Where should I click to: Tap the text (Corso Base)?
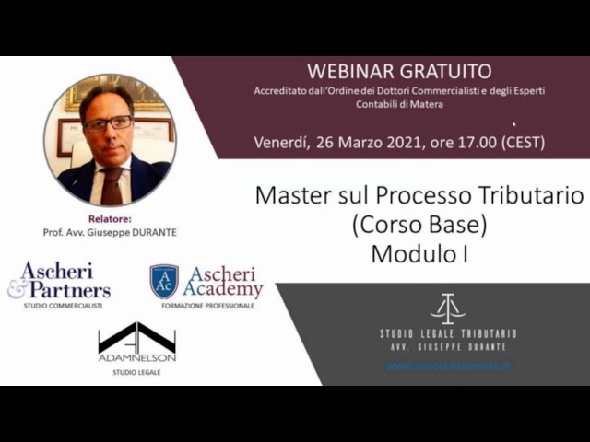pyautogui.click(x=419, y=225)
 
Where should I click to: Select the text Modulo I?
pyautogui.click(x=419, y=254)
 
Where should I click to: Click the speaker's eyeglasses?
pyautogui.click(x=108, y=122)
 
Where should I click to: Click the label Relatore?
pyautogui.click(x=110, y=219)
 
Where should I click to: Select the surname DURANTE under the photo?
pyautogui.click(x=152, y=233)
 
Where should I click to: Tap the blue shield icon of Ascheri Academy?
pyautogui.click(x=164, y=281)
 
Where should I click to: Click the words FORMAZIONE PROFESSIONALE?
pyautogui.click(x=207, y=305)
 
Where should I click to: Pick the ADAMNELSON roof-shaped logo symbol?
pyautogui.click(x=136, y=337)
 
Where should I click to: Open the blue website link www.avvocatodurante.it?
pyautogui.click(x=448, y=366)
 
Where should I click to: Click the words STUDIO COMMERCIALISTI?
pyautogui.click(x=63, y=305)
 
